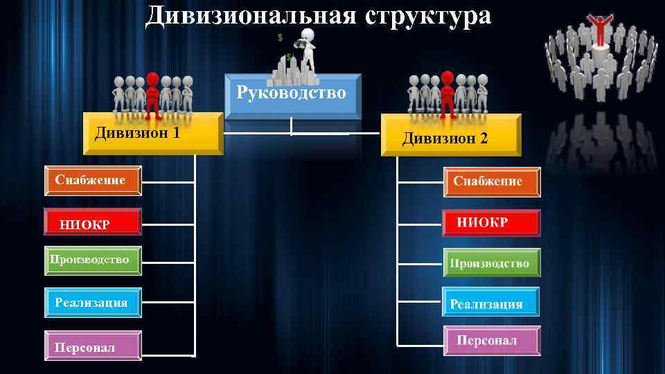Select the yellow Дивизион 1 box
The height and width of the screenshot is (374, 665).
[152, 133]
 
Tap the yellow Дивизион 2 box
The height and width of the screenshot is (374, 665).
[450, 136]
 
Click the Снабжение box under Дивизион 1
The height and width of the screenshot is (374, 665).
[94, 181]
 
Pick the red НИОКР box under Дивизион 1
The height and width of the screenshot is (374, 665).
[93, 222]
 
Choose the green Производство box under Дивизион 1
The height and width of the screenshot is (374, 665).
[93, 260]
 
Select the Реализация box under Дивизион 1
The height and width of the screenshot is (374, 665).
[93, 303]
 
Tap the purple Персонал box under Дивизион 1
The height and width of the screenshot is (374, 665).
[93, 346]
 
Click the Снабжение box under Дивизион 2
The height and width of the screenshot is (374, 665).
[491, 182]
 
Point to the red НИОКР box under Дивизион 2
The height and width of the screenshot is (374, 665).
[490, 223]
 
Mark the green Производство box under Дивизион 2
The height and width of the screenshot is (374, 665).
[490, 263]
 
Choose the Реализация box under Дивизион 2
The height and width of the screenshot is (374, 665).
[490, 303]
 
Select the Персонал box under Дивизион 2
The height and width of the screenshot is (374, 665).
[490, 341]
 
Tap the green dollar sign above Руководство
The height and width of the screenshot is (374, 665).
[280, 36]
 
